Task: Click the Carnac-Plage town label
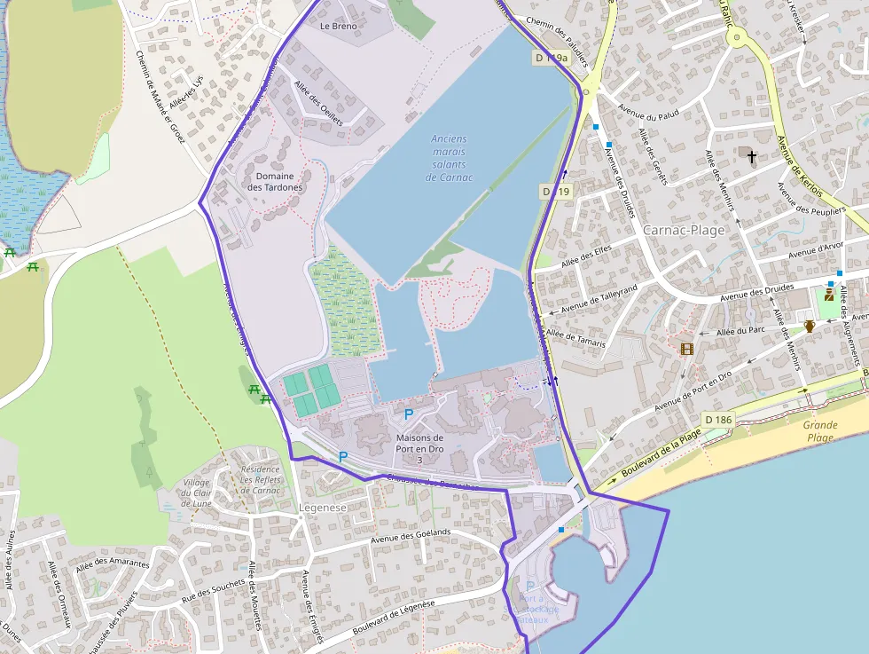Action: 684,230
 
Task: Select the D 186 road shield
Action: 718,419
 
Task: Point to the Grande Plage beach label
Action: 820,431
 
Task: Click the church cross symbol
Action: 752,157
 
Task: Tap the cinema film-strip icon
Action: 686,349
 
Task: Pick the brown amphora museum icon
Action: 810,326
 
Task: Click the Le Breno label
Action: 338,27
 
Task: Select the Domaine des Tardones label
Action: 275,182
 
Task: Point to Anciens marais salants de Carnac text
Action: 450,158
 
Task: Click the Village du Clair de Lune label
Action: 196,492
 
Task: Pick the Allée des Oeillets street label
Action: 318,102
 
